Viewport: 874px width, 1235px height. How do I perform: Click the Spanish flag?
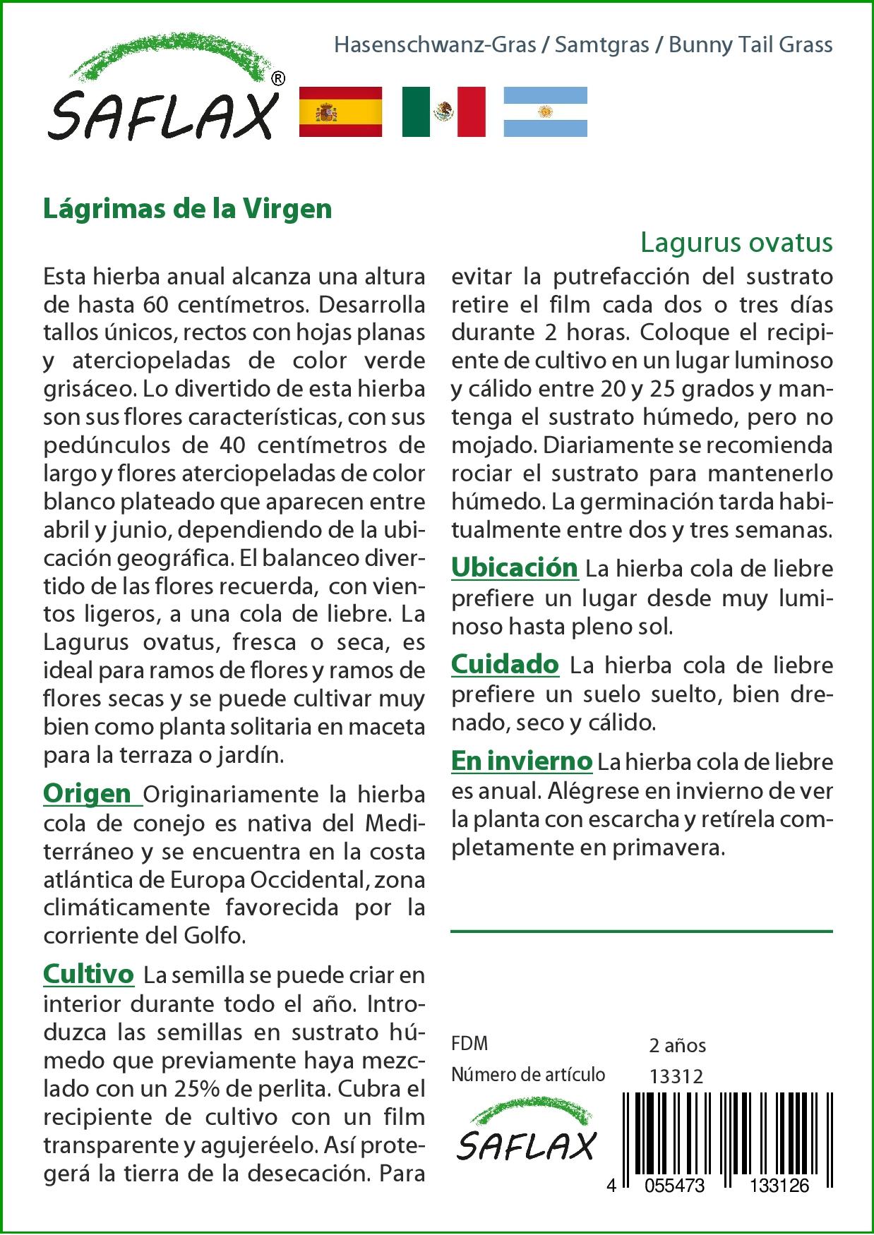[x=340, y=112]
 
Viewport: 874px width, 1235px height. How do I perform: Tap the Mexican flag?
[x=443, y=112]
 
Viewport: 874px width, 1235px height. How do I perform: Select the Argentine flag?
[x=545, y=112]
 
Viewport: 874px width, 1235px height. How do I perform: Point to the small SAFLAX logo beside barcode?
[x=526, y=1135]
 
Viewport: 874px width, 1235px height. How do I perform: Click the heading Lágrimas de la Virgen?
[x=188, y=210]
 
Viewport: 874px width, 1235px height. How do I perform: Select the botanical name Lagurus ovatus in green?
[x=736, y=243]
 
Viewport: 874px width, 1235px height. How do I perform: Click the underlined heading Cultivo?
[x=88, y=974]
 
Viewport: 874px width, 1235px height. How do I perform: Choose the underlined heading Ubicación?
[x=515, y=567]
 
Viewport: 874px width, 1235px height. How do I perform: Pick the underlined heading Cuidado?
[x=505, y=664]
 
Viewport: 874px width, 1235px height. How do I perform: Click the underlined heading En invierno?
[x=522, y=761]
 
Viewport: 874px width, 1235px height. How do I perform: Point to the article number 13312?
[x=676, y=1076]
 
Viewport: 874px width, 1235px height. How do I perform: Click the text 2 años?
[x=677, y=1045]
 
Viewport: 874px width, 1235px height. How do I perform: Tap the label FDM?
[x=469, y=1044]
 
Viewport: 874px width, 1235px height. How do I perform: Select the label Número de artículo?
[x=528, y=1075]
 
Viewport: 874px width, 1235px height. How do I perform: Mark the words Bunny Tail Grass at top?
[x=750, y=45]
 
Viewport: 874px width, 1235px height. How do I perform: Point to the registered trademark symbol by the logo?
[x=278, y=78]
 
